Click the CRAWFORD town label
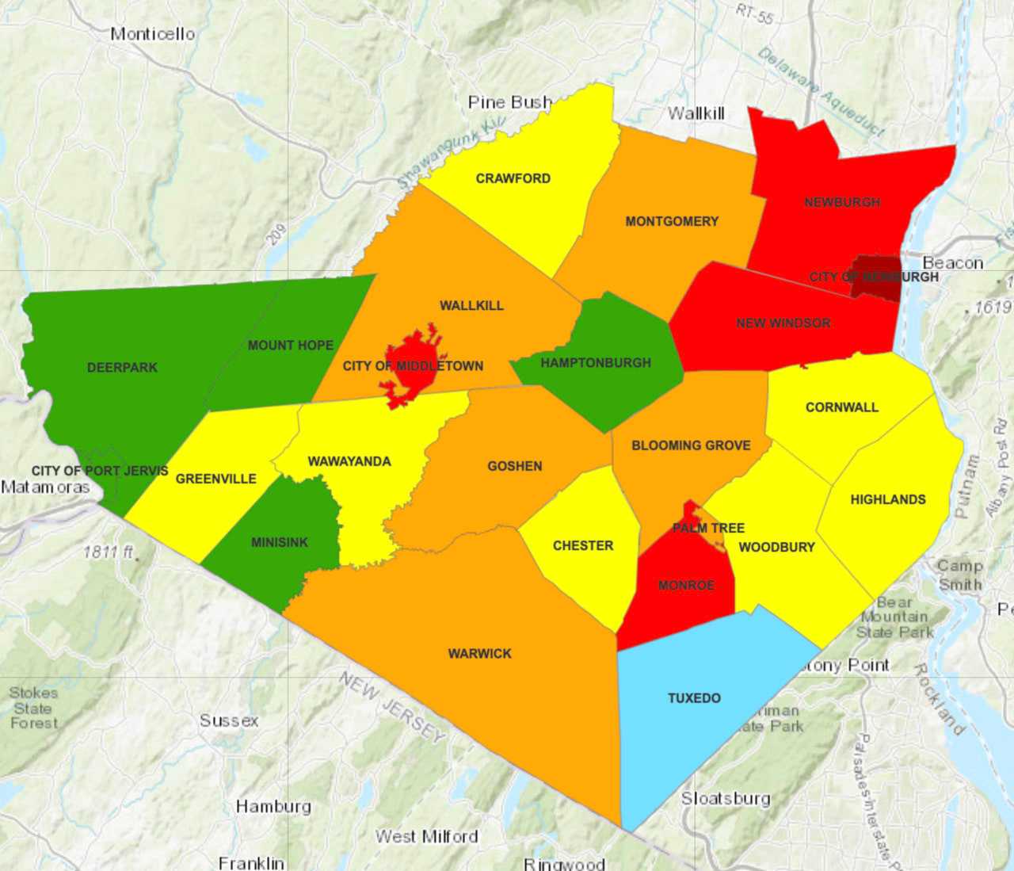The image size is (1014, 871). point(513,178)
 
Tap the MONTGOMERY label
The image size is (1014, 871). point(672,221)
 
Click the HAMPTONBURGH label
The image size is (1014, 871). point(596,363)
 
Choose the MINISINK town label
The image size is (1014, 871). point(280,542)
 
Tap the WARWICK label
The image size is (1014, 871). point(479,654)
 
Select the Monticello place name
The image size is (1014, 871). point(152,34)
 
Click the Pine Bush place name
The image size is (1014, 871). point(509,102)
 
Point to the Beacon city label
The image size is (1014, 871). point(952,263)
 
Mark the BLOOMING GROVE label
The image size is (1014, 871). point(691,445)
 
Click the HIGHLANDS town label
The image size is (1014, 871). point(887,499)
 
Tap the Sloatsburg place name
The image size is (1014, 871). point(726,798)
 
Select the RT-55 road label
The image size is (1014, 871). point(754,13)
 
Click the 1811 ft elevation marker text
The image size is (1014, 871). point(109,552)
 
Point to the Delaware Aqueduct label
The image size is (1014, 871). point(820,92)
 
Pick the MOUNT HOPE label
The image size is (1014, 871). point(290,346)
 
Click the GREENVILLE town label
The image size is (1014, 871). point(215,479)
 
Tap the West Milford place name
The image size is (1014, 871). point(426,836)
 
